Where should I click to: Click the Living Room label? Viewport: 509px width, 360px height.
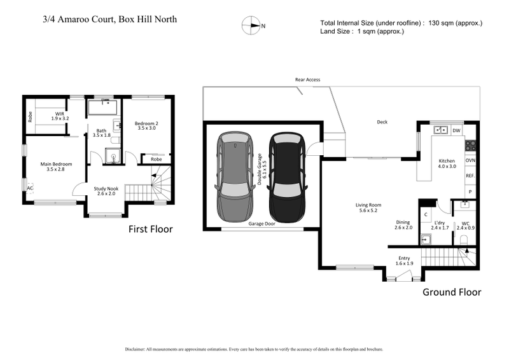pos(368,205)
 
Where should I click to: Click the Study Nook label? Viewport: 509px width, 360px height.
pos(106,188)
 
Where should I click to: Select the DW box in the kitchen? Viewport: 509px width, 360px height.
pos(456,130)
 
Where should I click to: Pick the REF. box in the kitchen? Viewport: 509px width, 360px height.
pos(470,176)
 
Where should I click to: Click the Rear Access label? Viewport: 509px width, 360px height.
pos(307,80)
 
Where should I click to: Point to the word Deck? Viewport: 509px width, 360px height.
pos(382,122)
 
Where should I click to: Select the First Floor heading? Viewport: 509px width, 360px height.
pos(151,229)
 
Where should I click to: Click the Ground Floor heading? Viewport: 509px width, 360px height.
pos(452,292)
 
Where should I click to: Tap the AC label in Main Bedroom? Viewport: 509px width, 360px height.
pos(29,188)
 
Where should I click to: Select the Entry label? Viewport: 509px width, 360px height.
pos(405,258)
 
